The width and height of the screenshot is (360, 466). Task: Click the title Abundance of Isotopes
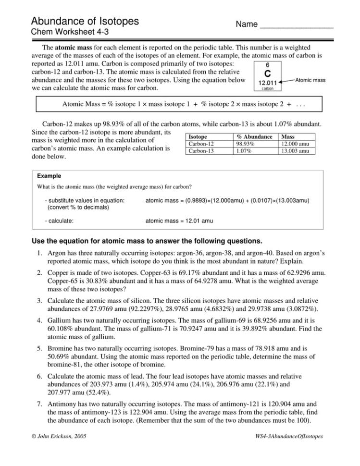tap(85, 21)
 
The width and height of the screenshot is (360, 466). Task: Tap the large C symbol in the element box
tap(267, 73)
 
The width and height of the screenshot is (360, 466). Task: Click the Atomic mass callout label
tap(310, 80)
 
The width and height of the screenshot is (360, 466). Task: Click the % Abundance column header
tap(254, 137)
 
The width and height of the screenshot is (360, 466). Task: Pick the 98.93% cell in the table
tap(246, 144)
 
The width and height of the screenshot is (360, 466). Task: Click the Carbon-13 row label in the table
tap(201, 150)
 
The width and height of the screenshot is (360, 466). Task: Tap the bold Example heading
tap(49, 176)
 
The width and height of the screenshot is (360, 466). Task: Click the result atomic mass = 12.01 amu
tap(179, 221)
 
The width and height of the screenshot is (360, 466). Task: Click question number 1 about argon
tap(38, 253)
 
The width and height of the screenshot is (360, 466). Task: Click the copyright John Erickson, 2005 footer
tap(59, 436)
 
